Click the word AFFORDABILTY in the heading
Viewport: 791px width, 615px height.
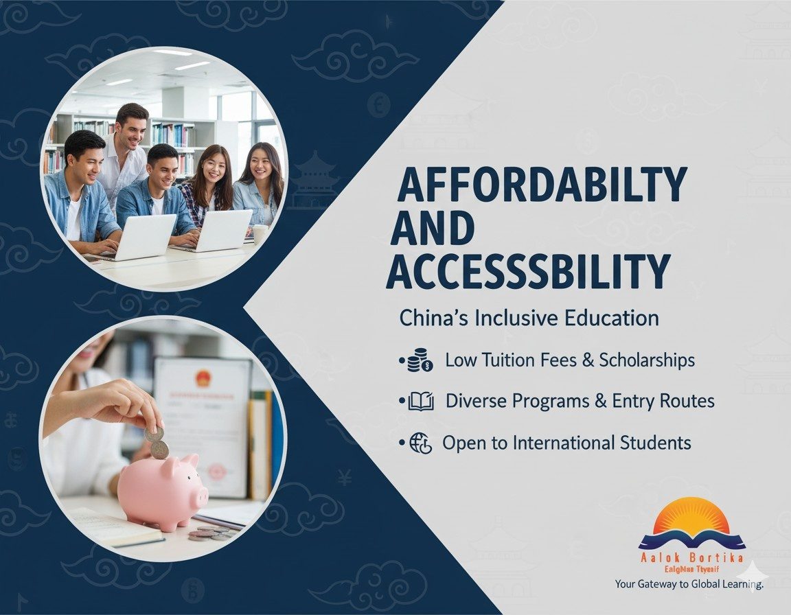(x=542, y=186)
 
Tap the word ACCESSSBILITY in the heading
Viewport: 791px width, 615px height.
(x=528, y=271)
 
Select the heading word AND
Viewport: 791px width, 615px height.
(x=433, y=229)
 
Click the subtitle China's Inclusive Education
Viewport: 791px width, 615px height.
(x=529, y=318)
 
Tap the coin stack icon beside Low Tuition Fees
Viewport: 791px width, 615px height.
(x=420, y=361)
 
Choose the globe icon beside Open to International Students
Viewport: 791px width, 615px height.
(x=420, y=443)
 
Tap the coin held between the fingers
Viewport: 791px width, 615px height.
(x=154, y=433)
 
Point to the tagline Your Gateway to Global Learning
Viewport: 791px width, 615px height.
(x=689, y=584)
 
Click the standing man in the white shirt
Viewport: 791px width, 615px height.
(x=126, y=151)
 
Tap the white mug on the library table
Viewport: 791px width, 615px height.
(x=260, y=234)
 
